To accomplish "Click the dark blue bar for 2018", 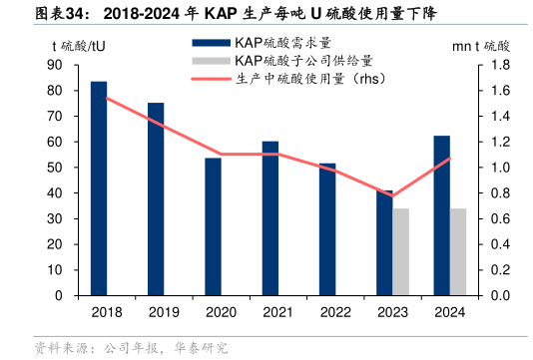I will click(99, 188).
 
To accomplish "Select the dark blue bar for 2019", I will click(156, 199).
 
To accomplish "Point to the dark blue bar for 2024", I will click(441, 215).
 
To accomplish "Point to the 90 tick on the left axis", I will click(55, 65).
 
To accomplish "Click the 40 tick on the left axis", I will click(55, 193).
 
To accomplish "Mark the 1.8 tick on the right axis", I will click(499, 65).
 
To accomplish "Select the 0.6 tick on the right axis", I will click(499, 219).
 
